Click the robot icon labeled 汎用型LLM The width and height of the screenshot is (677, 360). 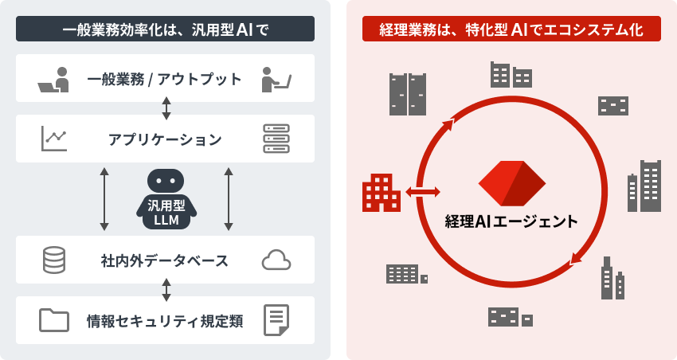(166, 199)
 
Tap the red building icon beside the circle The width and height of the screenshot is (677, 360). (381, 193)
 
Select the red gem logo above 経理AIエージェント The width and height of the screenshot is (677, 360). (511, 183)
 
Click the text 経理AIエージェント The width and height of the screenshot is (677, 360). (511, 221)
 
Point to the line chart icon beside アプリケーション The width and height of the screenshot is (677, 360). (54, 139)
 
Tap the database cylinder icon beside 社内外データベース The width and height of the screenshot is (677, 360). (54, 260)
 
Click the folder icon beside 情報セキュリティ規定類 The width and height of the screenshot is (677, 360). (54, 320)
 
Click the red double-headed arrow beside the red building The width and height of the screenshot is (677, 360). (422, 192)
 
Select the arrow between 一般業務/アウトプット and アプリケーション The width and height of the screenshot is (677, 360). (166, 108)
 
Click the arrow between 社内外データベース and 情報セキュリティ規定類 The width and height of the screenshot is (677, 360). (166, 290)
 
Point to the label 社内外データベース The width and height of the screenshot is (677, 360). (165, 260)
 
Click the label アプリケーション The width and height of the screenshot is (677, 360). (165, 139)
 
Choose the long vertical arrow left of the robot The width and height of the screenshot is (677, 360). (104, 199)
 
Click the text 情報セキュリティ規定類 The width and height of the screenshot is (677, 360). (165, 321)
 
